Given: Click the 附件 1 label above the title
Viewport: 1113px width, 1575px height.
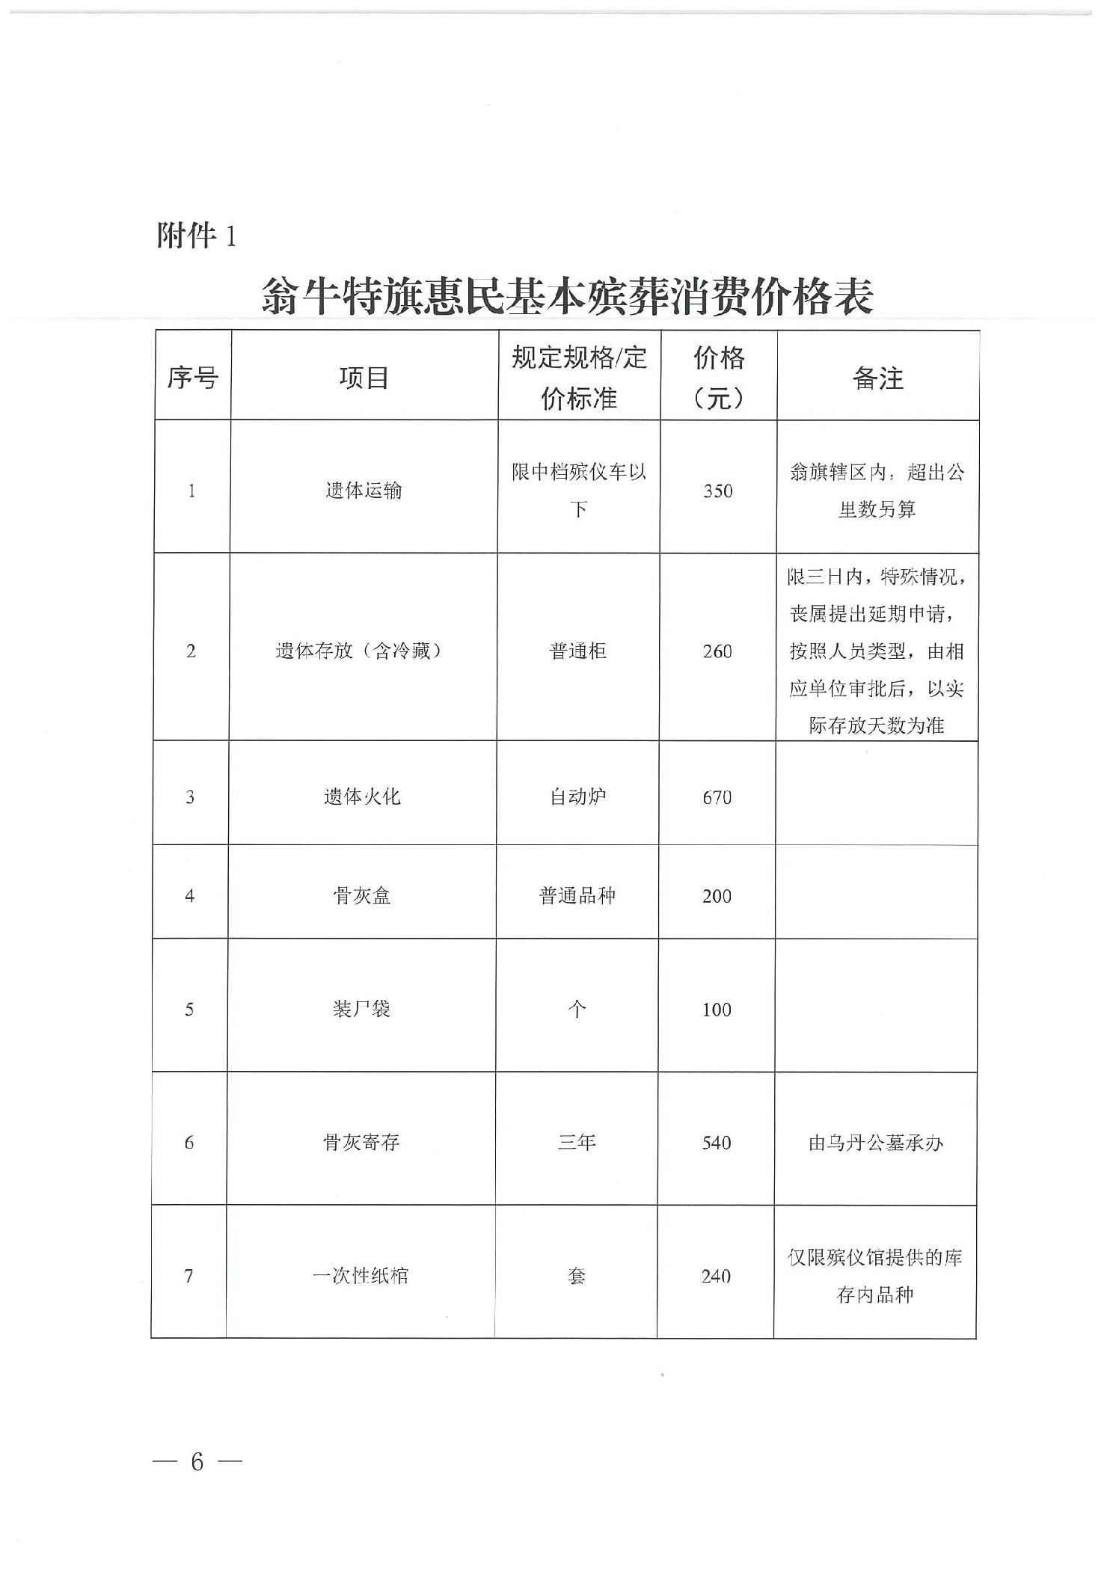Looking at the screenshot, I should point(196,236).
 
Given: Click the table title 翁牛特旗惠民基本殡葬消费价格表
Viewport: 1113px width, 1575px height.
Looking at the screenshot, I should point(567,296).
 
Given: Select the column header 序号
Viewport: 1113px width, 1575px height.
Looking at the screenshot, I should point(192,378).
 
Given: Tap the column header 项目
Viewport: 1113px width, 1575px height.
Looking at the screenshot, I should point(364,378).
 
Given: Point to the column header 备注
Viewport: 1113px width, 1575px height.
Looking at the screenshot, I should point(877,378).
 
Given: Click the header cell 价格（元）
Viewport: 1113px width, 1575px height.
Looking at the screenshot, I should point(718,378).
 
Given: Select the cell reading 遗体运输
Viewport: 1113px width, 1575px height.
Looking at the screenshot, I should point(364,491).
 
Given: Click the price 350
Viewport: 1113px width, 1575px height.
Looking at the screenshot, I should point(717,491).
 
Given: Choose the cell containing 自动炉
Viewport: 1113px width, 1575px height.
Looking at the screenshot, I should point(577,797).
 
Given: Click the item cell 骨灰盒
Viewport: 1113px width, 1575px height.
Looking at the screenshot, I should point(362,896).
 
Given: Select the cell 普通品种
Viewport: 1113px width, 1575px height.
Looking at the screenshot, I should point(577,896).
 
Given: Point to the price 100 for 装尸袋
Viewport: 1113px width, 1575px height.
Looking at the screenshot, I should point(716,1010).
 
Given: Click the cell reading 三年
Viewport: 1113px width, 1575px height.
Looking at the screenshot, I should point(577,1143).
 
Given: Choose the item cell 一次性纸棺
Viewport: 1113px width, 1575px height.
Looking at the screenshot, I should point(361,1276).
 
